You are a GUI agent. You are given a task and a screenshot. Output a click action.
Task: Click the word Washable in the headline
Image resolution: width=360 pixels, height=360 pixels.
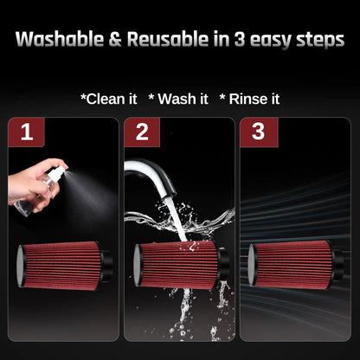coord(60,39)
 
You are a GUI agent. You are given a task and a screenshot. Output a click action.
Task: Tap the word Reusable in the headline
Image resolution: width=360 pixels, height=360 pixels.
coord(168,39)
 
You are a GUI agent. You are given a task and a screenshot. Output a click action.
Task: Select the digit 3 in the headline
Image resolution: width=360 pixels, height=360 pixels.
coord(239,40)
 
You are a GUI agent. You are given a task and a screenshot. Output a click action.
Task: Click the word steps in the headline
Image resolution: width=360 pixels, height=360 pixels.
coord(320,41)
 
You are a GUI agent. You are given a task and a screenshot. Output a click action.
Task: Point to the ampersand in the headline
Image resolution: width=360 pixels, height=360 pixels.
coord(115,40)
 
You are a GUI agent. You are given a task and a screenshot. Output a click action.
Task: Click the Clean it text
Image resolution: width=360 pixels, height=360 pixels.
coord(109,99)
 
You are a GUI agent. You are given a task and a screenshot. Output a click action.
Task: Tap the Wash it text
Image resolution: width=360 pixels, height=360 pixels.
coord(178,99)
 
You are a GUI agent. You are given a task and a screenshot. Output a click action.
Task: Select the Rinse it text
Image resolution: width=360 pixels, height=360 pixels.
coord(249,99)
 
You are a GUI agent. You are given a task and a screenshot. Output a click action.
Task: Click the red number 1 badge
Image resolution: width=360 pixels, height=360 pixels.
coord(26,132)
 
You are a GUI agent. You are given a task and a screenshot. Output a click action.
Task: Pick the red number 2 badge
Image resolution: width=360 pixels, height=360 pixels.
coord(142,132)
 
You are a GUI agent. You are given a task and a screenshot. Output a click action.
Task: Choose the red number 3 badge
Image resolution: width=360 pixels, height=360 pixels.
coord(259,132)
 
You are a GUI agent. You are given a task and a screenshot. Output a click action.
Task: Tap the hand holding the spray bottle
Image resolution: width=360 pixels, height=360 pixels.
coord(32,185)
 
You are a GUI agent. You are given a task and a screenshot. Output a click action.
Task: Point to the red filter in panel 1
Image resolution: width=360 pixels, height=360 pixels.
coord(62,265)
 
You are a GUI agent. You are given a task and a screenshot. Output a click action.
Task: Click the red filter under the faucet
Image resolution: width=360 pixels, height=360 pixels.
coord(178,265)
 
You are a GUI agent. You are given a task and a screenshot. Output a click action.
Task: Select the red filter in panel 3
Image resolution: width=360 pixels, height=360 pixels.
coord(293,265)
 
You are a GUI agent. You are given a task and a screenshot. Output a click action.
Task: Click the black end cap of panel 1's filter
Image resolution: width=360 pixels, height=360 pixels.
coord(106,265)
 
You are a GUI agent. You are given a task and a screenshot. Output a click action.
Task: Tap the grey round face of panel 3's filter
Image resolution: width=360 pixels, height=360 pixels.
coord(252,265)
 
